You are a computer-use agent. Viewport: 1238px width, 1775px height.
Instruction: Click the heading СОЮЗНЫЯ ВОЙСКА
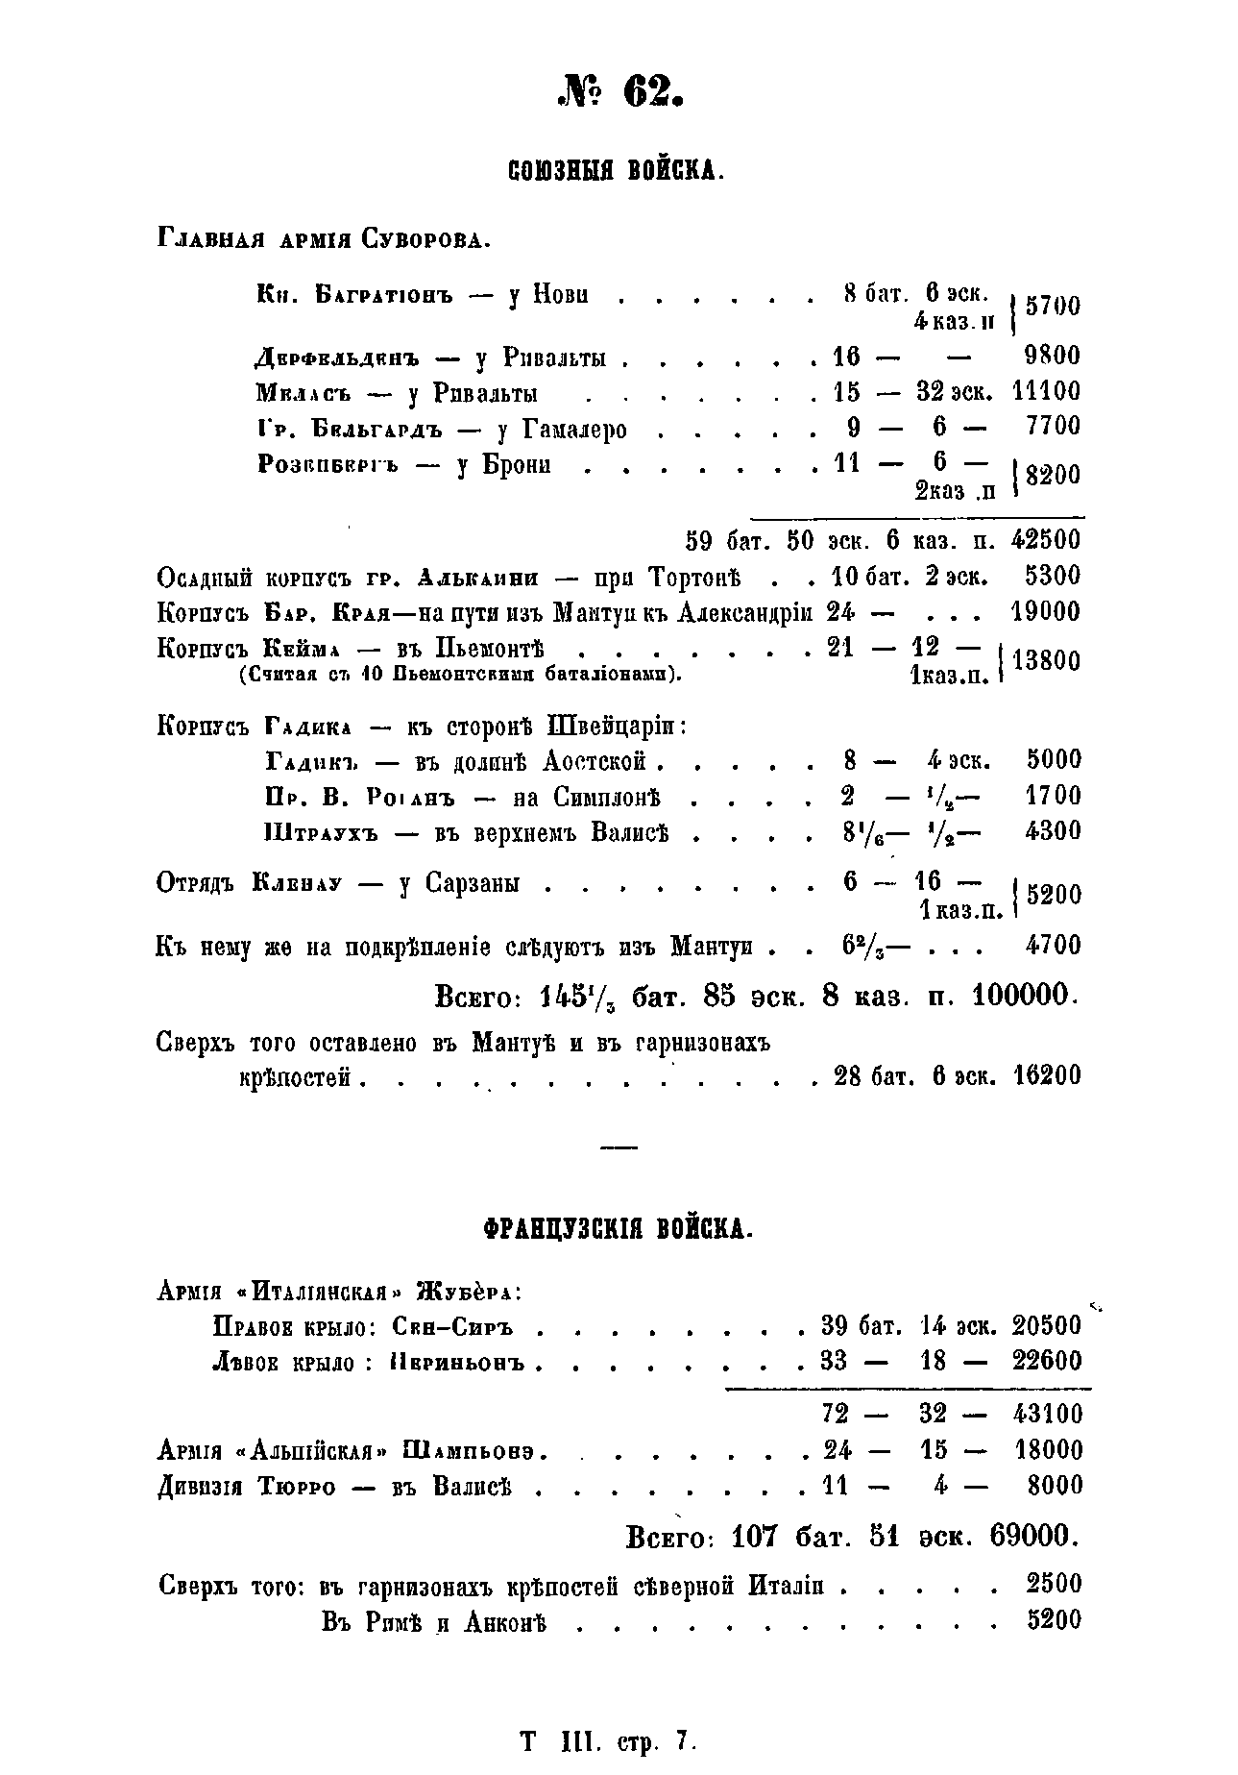pyautogui.click(x=615, y=172)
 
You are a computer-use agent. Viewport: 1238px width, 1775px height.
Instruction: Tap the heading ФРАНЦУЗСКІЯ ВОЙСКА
pyautogui.click(x=615, y=1229)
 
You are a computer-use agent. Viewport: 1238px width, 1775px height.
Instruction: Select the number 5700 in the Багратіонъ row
pyautogui.click(x=1053, y=307)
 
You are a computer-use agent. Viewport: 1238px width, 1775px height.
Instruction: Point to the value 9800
pyautogui.click(x=1052, y=356)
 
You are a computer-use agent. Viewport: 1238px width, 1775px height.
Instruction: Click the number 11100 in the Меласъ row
pyautogui.click(x=1046, y=391)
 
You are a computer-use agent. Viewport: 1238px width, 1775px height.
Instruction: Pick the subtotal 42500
pyautogui.click(x=1046, y=540)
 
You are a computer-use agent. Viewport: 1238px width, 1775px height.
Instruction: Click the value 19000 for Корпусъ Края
pyautogui.click(x=1046, y=612)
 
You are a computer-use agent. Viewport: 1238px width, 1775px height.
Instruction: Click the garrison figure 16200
pyautogui.click(x=1046, y=1075)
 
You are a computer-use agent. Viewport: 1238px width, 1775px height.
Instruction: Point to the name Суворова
pyautogui.click(x=425, y=238)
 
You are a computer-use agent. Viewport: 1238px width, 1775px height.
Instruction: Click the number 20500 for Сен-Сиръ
pyautogui.click(x=1046, y=1326)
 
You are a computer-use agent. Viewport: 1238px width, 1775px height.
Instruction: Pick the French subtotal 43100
pyautogui.click(x=1046, y=1414)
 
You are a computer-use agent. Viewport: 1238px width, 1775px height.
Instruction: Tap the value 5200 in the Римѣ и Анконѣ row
pyautogui.click(x=1054, y=1620)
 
